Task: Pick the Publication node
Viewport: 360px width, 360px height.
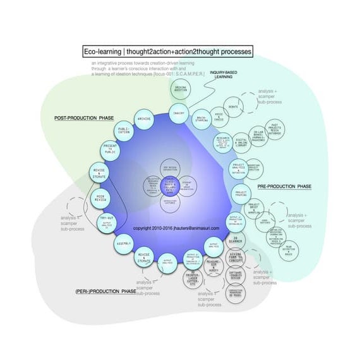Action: [x=124, y=132]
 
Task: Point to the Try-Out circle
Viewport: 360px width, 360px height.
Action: [x=106, y=219]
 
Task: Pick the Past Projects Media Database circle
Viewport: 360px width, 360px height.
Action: [x=275, y=129]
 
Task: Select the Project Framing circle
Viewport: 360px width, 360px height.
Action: [x=241, y=194]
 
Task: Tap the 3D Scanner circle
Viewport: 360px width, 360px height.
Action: [x=235, y=242]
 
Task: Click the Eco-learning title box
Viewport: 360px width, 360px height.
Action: [x=168, y=51]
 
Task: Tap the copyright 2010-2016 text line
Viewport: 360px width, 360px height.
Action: [x=176, y=228]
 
